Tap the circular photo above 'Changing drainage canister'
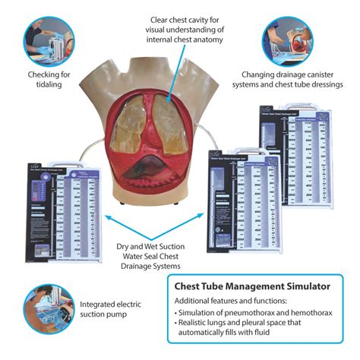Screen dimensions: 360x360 pyautogui.click(x=286, y=38)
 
